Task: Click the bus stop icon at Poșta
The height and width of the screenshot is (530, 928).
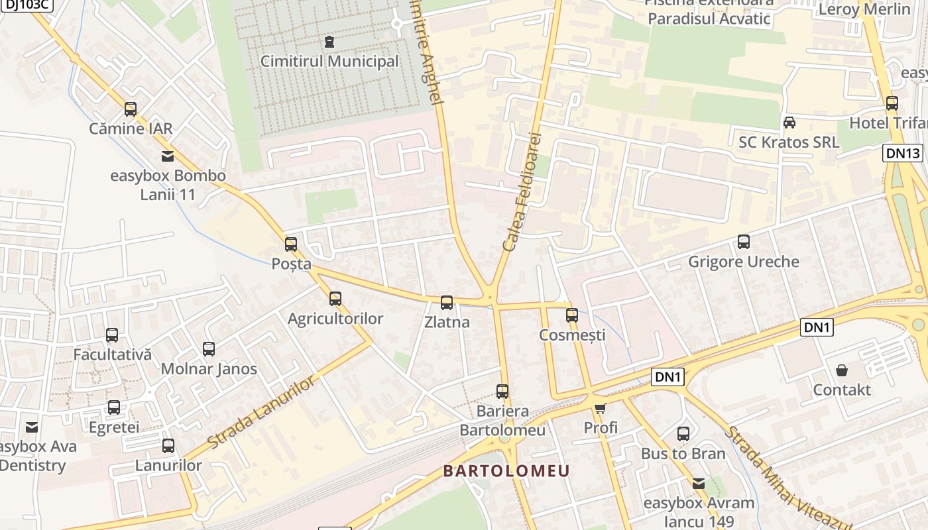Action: point(290,244)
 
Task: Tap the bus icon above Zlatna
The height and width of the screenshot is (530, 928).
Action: point(447,303)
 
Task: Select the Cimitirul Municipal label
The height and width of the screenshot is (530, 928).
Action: point(329,62)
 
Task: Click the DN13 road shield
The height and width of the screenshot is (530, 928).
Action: point(903,154)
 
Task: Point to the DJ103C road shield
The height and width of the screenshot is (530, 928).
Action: point(27,5)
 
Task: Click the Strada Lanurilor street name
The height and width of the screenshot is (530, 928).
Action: point(262,412)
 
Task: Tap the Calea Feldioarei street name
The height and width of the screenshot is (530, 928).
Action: point(522,192)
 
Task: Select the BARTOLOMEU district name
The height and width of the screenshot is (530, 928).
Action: point(506,471)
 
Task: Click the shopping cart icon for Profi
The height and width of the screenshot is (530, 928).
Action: point(601,408)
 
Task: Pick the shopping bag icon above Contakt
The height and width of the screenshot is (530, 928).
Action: point(842,370)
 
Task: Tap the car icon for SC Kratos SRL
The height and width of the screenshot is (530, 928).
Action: point(789,123)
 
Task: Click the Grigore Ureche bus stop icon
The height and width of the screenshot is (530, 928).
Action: point(743,242)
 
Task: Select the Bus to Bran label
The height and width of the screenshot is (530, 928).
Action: point(683,454)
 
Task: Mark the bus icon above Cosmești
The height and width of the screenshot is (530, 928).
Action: point(572,315)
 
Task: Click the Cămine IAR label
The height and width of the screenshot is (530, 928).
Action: point(131,129)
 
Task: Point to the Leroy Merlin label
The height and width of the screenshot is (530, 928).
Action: point(864,9)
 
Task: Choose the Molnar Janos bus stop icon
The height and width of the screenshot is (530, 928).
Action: point(209,349)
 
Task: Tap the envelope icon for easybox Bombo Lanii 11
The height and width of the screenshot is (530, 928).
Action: point(168,156)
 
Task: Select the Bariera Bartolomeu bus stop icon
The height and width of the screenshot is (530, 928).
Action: point(502,392)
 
